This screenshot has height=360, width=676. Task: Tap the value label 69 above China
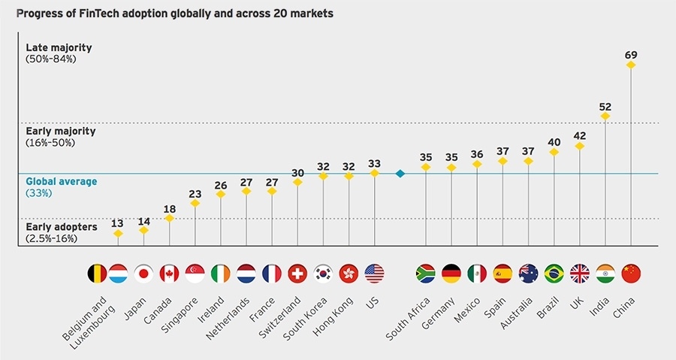pos(631,54)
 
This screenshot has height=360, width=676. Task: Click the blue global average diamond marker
pos(400,174)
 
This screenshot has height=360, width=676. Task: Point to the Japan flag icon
pos(143,274)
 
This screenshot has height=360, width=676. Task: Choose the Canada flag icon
pos(169,274)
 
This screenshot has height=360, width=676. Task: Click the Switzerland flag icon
pos(297,274)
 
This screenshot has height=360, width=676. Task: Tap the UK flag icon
pos(580,274)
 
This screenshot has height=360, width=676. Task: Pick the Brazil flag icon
pos(554,274)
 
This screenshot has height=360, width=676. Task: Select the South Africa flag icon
pos(426,274)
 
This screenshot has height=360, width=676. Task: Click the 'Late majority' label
pos(59,48)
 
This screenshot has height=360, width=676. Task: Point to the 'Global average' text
pos(62,181)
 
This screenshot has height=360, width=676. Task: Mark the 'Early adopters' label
pos(60,226)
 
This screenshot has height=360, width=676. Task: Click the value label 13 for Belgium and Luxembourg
pos(118,222)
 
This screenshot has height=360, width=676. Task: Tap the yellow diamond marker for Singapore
pos(195,202)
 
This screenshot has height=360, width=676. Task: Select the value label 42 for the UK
pos(580,135)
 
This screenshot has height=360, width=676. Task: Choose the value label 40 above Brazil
pos(554,141)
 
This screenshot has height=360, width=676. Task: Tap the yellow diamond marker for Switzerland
pos(297,182)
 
